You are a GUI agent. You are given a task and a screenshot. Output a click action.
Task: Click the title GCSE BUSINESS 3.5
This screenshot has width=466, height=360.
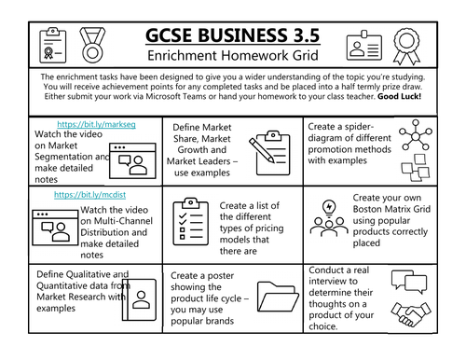click(x=233, y=35)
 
